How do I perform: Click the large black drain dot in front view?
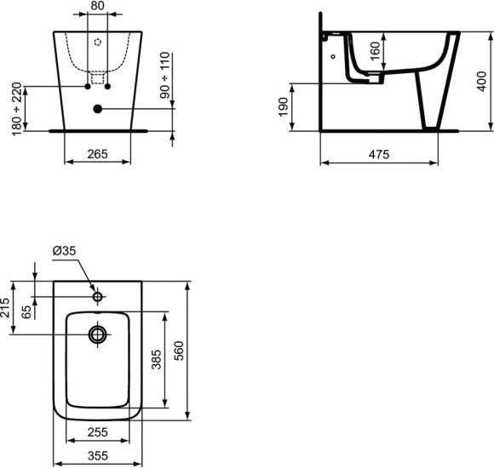click(x=97, y=109)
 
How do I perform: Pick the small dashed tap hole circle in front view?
click(x=97, y=42)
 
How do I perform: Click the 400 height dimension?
click(x=481, y=82)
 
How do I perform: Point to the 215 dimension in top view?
click(x=7, y=307)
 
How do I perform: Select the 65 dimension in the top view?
click(x=26, y=311)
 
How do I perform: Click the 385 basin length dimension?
click(x=156, y=361)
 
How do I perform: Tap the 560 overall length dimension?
click(x=179, y=349)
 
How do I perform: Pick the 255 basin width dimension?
click(x=97, y=432)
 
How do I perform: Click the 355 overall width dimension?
click(x=97, y=456)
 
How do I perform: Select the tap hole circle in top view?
click(x=97, y=297)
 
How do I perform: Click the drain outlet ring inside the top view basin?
click(x=97, y=334)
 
